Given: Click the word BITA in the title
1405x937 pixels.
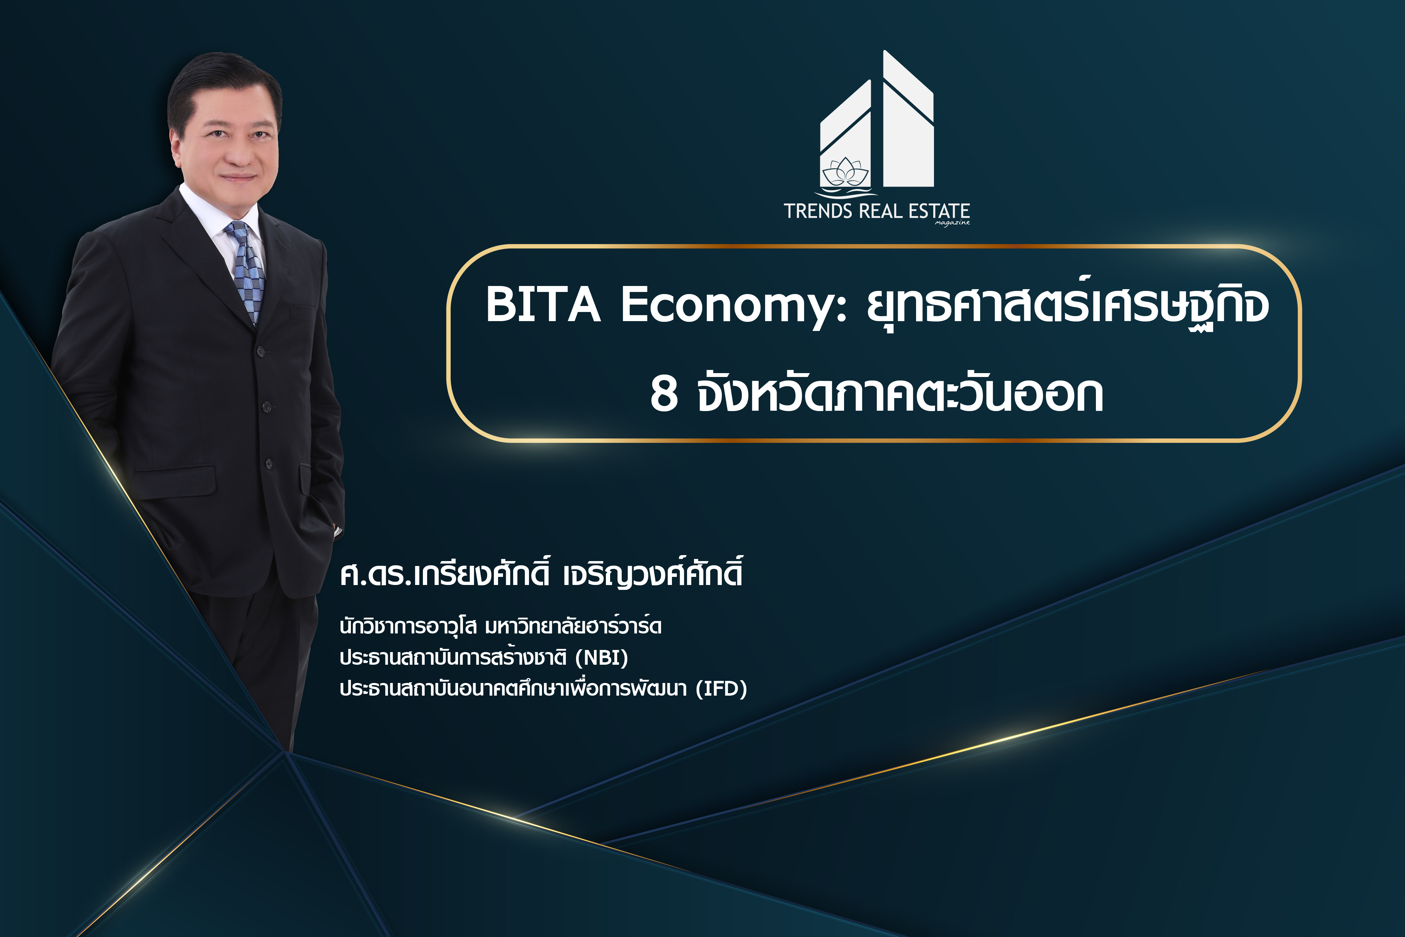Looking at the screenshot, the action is click(542, 304).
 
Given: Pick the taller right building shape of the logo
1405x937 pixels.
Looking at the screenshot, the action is click(908, 119).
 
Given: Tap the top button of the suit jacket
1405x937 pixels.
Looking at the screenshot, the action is click(260, 351).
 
